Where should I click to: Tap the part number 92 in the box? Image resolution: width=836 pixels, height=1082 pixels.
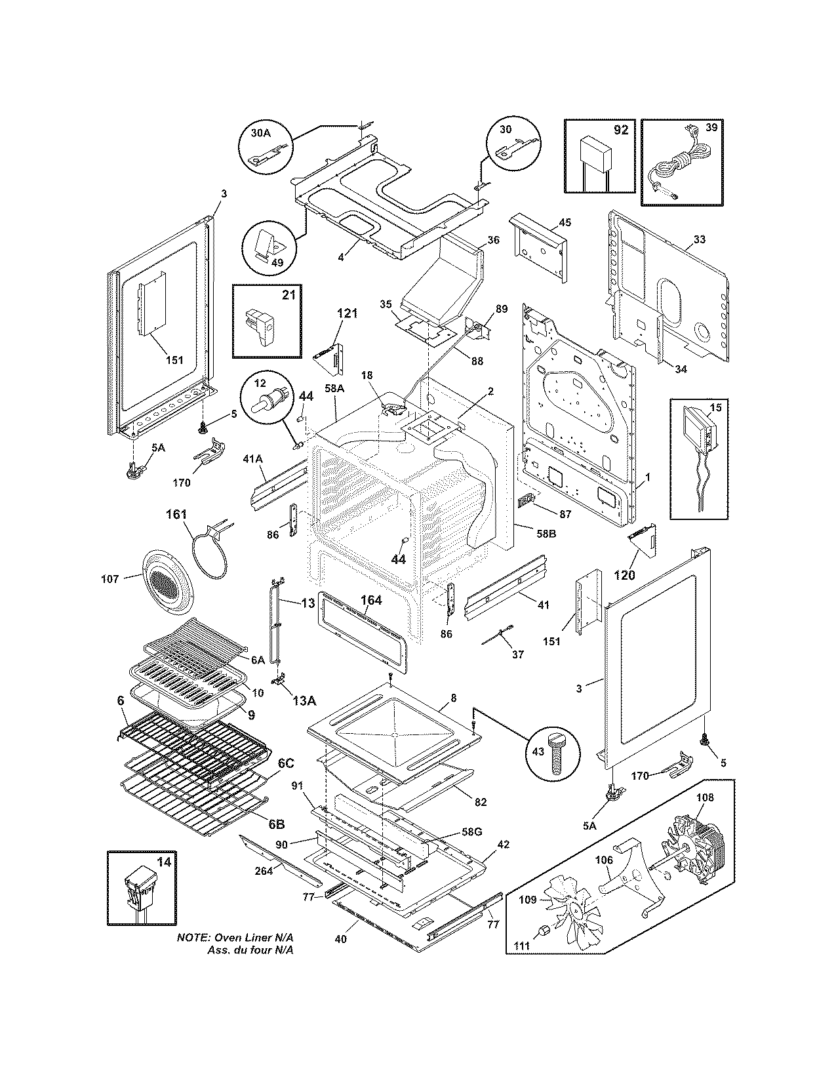pos(620,130)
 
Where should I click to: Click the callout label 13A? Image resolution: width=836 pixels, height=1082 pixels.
pos(304,700)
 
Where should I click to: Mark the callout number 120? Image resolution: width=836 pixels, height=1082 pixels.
pos(624,575)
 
